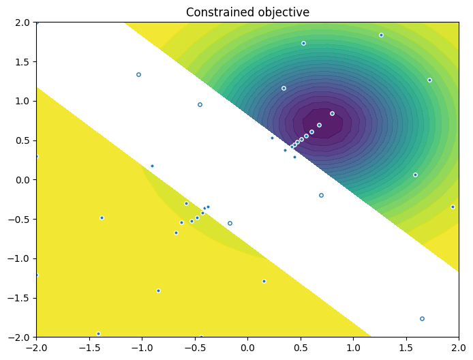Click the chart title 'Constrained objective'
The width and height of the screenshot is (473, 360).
point(247,12)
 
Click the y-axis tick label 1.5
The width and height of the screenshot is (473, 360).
point(23,61)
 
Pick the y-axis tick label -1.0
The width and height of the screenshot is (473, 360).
point(20,258)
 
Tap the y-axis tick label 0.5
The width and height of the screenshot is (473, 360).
point(23,140)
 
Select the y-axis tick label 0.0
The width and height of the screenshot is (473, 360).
point(23,180)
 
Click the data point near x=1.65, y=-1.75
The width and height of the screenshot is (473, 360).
point(422,318)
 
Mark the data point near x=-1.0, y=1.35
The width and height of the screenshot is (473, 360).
point(138,74)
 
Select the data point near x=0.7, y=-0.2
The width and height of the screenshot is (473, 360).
point(321,195)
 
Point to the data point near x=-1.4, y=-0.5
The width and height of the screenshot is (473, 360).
point(102,217)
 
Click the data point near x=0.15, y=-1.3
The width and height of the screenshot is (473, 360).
point(264,281)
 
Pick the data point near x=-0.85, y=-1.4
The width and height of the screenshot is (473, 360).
point(158,290)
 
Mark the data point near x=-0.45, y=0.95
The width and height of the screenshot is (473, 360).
point(200,104)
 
